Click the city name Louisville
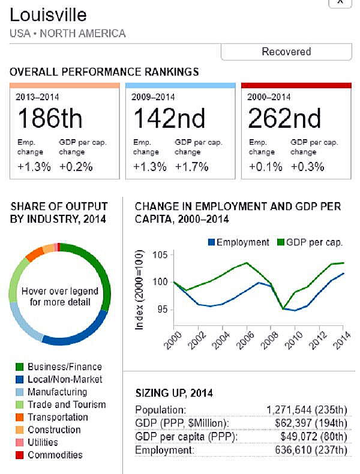(49, 14)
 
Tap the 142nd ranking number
(169, 118)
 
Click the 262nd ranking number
(285, 118)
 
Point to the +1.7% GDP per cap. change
(191, 167)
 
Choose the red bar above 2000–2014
(296, 85)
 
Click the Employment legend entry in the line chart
(238, 242)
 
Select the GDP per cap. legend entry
(309, 242)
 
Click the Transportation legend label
(58, 417)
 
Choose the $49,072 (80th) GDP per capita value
(314, 437)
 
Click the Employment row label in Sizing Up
(160, 450)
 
